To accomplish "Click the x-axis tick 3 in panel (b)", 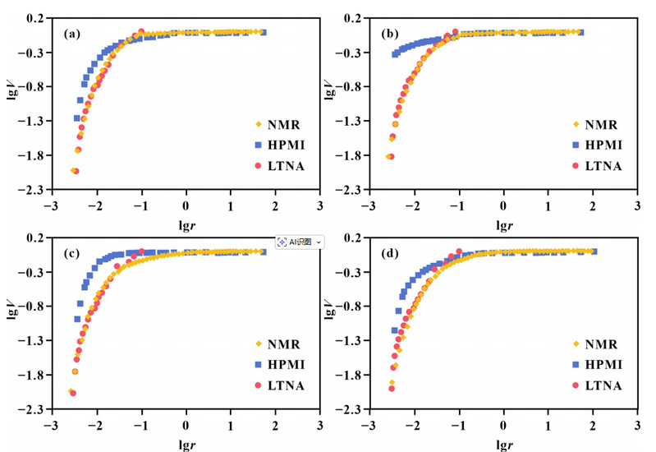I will (638, 205).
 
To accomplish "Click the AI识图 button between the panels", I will (300, 242).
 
